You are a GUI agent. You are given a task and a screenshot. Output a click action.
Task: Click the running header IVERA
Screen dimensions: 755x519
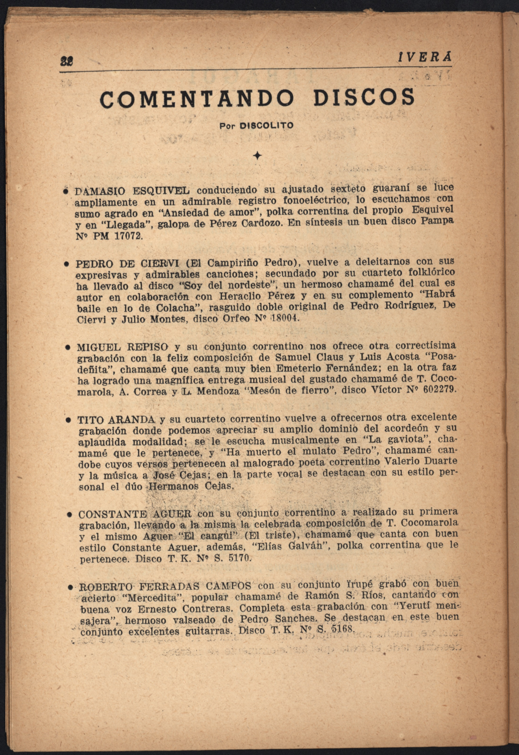pyautogui.click(x=424, y=58)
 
